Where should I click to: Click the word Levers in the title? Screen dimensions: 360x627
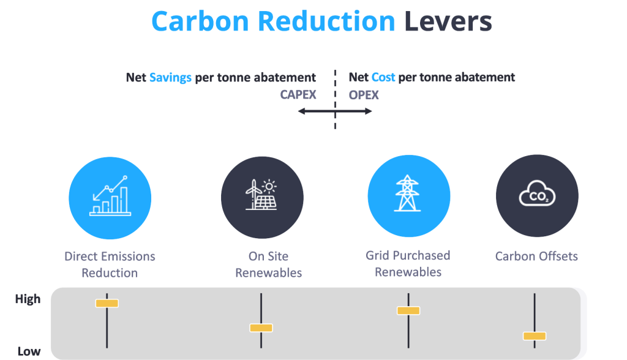pyautogui.click(x=448, y=21)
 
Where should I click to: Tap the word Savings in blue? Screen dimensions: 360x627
pyautogui.click(x=170, y=78)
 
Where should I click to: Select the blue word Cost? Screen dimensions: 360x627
pyautogui.click(x=383, y=78)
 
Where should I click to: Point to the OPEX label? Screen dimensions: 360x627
pyautogui.click(x=364, y=95)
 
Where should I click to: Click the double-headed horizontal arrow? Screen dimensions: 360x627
pyautogui.click(x=335, y=111)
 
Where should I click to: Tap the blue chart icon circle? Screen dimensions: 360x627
pyautogui.click(x=110, y=195)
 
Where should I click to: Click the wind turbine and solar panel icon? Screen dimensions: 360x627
pyautogui.click(x=261, y=195)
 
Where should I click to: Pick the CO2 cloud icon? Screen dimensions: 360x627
pyautogui.click(x=536, y=195)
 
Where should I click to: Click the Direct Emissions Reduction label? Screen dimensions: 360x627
pyautogui.click(x=110, y=264)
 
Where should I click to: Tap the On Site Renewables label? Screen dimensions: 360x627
pyautogui.click(x=269, y=264)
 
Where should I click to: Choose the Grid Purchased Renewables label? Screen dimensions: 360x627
pyautogui.click(x=408, y=264)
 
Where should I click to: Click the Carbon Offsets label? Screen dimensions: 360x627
pyautogui.click(x=536, y=257)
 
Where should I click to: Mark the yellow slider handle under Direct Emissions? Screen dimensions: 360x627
pyautogui.click(x=107, y=303)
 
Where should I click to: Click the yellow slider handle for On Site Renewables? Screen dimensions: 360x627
pyautogui.click(x=261, y=328)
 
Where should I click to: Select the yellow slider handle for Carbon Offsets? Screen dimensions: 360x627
pyautogui.click(x=535, y=336)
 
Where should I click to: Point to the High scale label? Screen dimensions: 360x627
pyautogui.click(x=28, y=299)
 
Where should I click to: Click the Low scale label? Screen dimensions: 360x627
pyautogui.click(x=29, y=351)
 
